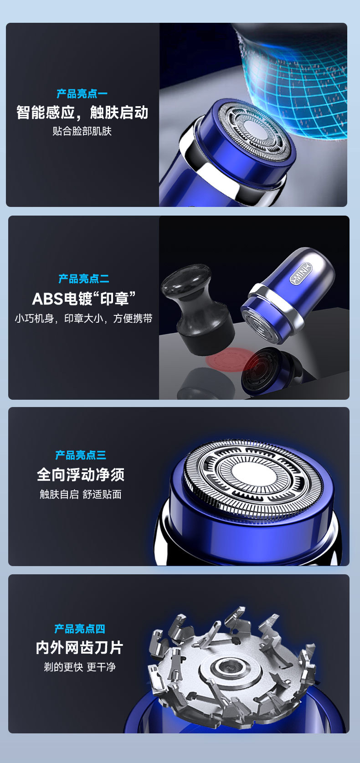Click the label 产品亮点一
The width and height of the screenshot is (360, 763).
click(x=82, y=94)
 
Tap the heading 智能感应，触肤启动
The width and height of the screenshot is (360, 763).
click(x=82, y=112)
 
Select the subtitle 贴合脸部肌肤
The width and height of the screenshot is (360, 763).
click(x=82, y=131)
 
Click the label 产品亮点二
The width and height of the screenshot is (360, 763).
click(x=84, y=279)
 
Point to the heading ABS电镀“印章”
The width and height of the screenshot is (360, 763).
click(x=84, y=299)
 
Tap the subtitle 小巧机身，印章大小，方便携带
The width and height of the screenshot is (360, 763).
click(x=83, y=318)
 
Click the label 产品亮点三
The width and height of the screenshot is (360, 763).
click(x=81, y=455)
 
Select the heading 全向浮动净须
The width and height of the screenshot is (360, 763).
click(x=81, y=474)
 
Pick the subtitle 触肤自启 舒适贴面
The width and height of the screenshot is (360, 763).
click(x=81, y=494)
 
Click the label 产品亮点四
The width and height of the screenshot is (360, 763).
click(x=80, y=629)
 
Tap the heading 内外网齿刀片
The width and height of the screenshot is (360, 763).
click(x=80, y=648)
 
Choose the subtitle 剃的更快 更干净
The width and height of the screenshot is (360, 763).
click(x=80, y=667)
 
